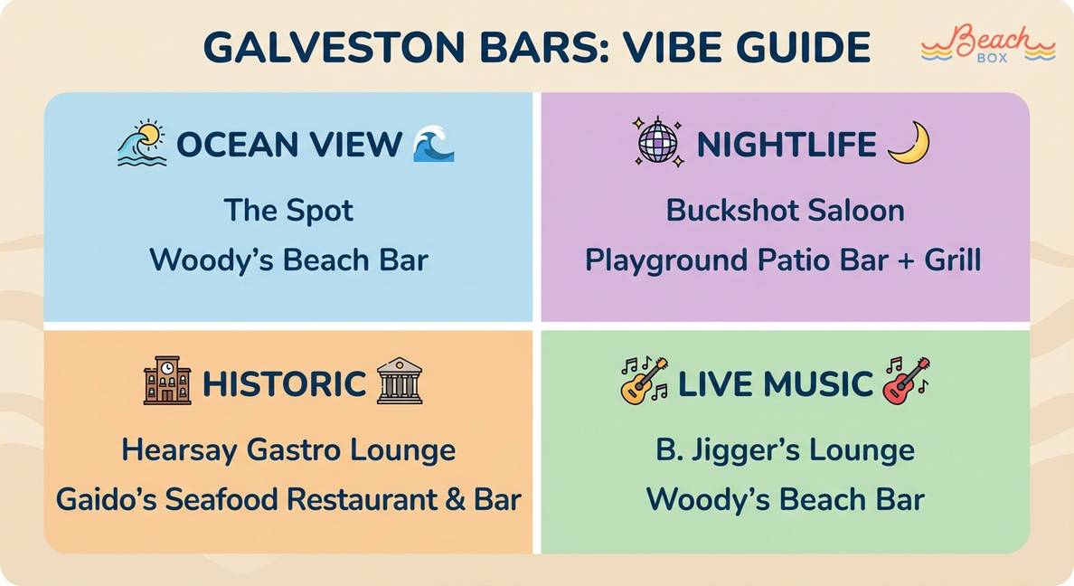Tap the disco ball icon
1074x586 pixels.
[658, 143]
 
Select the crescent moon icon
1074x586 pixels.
[909, 143]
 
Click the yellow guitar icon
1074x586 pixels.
[644, 381]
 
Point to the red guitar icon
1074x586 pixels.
[906, 381]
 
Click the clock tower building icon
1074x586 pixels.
[167, 380]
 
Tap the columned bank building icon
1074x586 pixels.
[400, 380]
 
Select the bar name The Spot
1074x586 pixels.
[288, 211]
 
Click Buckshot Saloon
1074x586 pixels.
[785, 211]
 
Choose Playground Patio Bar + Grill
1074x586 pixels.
[783, 260]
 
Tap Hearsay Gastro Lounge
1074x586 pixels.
[288, 450]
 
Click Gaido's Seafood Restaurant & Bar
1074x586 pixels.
[288, 499]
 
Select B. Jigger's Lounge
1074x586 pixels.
[785, 450]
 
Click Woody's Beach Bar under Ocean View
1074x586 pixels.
[288, 260]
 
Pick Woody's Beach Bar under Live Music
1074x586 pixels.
[785, 500]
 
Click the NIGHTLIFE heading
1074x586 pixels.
[787, 145]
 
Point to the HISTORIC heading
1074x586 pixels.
[284, 383]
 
